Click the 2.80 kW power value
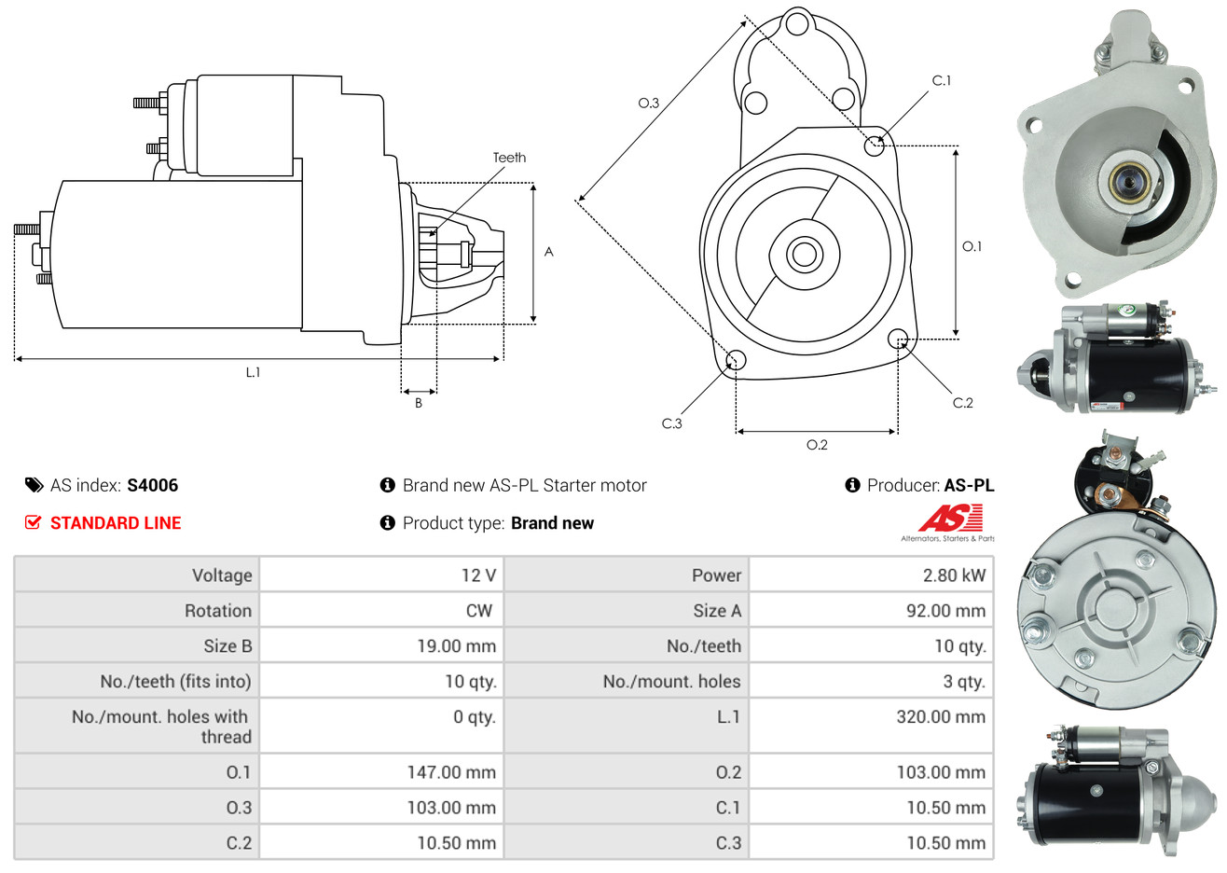coord(954,575)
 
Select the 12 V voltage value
coord(478,575)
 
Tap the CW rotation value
coord(478,611)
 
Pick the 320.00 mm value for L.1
coord(941,716)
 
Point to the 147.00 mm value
coord(451,772)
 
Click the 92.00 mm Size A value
coord(945,611)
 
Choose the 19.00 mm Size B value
coord(456,645)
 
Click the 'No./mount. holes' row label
coord(671,681)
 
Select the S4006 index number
coord(152,485)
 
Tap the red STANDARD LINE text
coord(116,523)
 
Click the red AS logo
coord(952,519)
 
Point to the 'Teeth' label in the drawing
coord(509,158)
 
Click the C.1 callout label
coord(941,80)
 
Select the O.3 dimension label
coord(649,103)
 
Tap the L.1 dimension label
coord(253,373)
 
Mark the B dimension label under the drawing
coord(419,403)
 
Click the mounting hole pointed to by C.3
coord(736,360)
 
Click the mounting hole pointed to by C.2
coord(898,339)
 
